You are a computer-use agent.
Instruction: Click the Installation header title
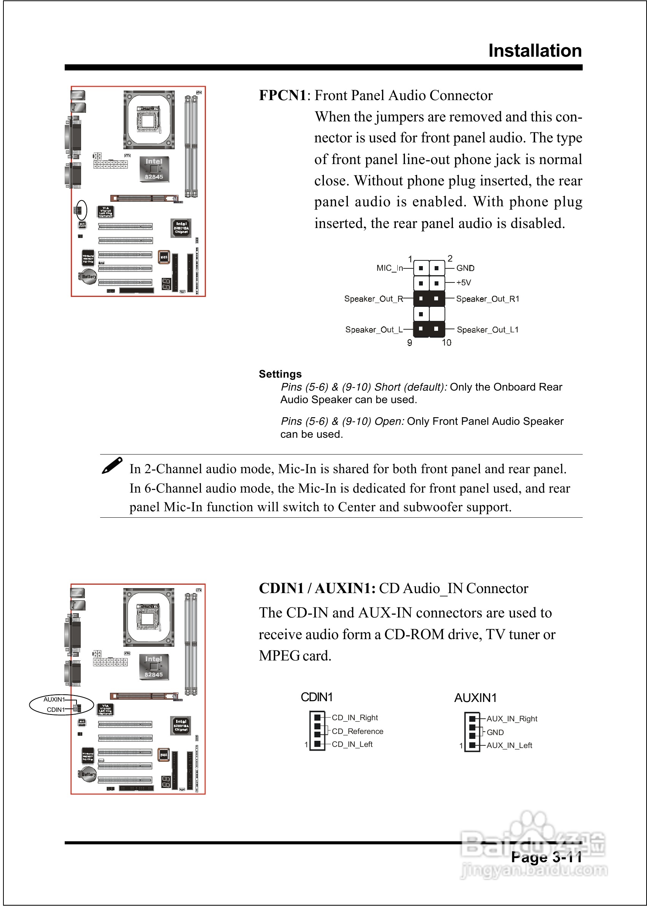click(x=535, y=51)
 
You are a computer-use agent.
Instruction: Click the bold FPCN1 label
click(x=282, y=96)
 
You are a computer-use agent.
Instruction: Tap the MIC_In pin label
click(x=389, y=268)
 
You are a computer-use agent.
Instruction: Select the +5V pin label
click(x=463, y=283)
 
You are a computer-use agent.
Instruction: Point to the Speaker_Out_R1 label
click(x=487, y=299)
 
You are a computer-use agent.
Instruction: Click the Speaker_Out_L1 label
click(x=487, y=330)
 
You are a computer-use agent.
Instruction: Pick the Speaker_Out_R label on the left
click(x=373, y=299)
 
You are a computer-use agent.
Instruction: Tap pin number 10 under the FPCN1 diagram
click(x=446, y=343)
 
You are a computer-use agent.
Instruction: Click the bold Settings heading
click(x=280, y=374)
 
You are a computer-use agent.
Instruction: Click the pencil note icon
click(x=112, y=465)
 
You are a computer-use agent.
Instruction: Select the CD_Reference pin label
click(x=357, y=732)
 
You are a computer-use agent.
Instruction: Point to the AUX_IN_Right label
click(x=512, y=719)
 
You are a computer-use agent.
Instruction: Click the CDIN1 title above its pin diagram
click(x=316, y=697)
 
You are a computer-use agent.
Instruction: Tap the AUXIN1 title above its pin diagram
click(x=475, y=698)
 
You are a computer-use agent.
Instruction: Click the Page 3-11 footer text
click(x=546, y=858)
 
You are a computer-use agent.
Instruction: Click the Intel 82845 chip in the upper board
click(x=154, y=169)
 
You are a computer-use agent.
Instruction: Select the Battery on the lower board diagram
click(x=88, y=775)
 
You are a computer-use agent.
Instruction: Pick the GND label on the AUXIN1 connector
click(x=495, y=732)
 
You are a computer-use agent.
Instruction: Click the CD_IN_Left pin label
click(x=352, y=744)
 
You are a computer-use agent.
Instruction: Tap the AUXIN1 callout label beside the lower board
click(x=54, y=699)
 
